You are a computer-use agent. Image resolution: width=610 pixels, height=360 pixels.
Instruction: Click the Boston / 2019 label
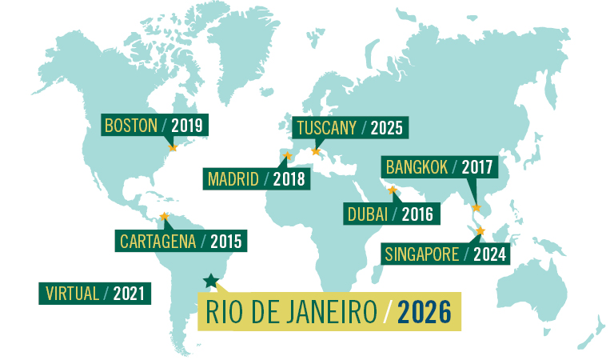(x=155, y=125)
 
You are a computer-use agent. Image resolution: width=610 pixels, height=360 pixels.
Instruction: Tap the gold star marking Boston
(x=172, y=147)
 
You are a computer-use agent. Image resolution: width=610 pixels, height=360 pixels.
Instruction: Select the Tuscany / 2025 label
(x=349, y=127)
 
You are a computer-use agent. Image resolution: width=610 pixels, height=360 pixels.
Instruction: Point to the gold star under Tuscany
(x=316, y=151)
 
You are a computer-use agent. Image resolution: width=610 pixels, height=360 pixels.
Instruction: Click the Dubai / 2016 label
(x=390, y=214)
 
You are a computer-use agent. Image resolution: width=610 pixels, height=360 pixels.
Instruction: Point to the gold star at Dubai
(x=392, y=190)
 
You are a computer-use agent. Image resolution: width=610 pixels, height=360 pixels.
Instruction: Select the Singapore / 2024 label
(x=446, y=254)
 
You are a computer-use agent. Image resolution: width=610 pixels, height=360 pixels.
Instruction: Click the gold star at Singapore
(x=480, y=231)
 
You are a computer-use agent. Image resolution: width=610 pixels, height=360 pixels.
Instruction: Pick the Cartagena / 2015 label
(x=179, y=239)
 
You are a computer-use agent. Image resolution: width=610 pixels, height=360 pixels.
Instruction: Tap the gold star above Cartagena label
(x=164, y=216)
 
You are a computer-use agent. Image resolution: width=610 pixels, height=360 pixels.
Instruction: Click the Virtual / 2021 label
(x=94, y=293)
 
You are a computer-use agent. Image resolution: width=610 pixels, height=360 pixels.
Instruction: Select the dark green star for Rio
(x=210, y=280)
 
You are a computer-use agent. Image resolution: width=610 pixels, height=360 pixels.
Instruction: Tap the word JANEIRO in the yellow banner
(x=328, y=311)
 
